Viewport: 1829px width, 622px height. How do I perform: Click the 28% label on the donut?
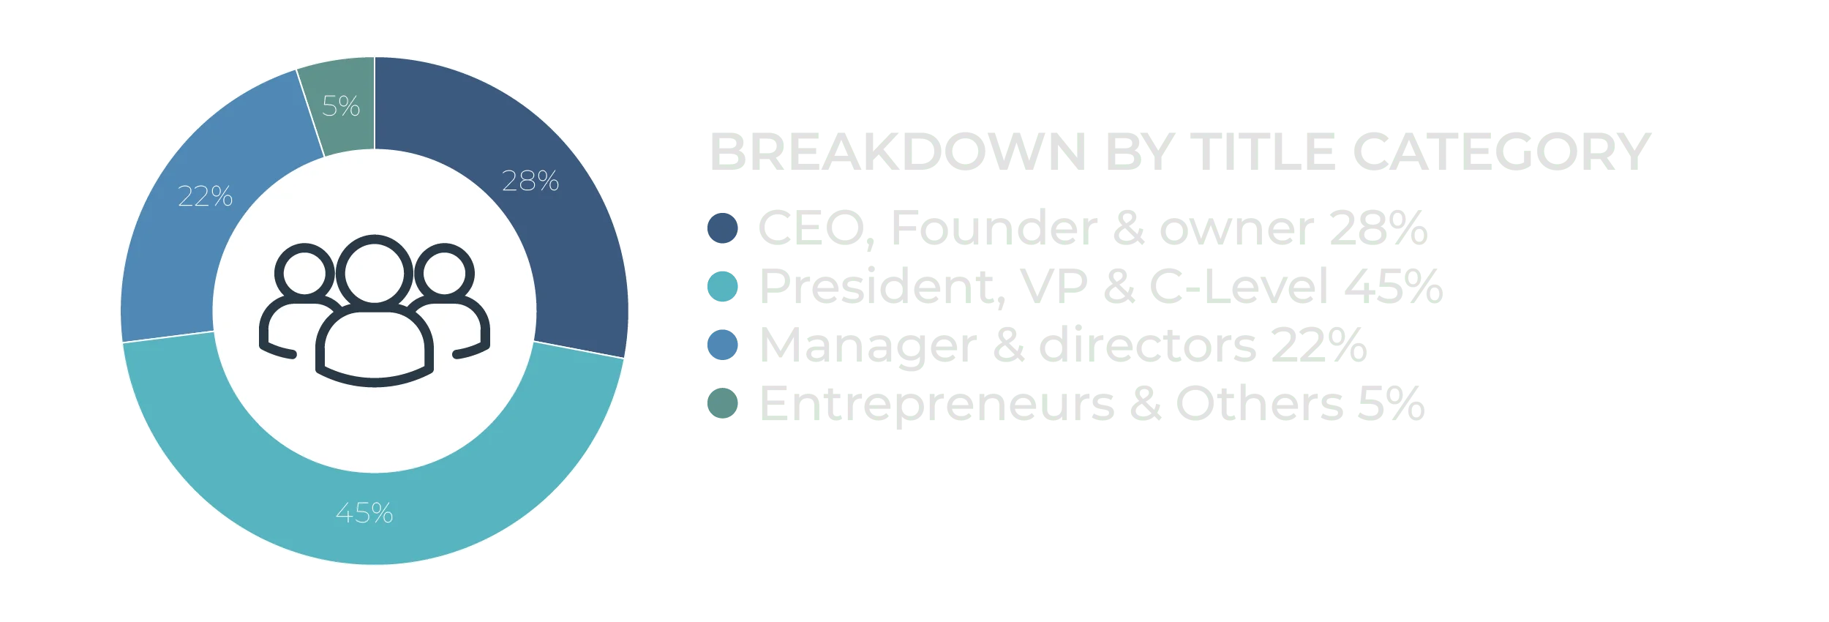[530, 181]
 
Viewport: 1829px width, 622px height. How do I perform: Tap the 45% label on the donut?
[364, 513]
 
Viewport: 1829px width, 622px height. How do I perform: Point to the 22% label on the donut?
[206, 196]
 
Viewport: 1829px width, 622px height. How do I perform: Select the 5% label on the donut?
[341, 106]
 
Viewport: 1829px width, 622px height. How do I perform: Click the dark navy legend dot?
[723, 228]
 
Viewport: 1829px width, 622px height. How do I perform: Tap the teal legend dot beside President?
[723, 286]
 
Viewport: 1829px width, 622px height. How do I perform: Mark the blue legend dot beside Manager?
[723, 345]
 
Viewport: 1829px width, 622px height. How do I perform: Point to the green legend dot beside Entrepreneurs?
[723, 403]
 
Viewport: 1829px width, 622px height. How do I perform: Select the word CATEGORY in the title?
[1502, 152]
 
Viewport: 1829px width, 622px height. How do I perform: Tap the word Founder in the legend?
[994, 228]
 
